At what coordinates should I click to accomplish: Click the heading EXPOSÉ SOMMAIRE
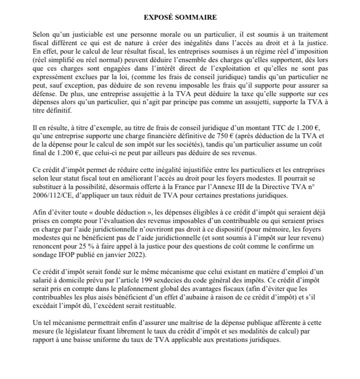click(180, 17)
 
